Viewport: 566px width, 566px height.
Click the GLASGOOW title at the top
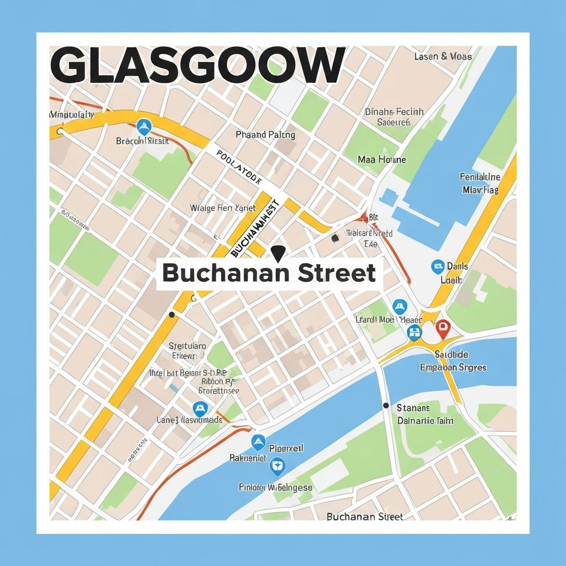(198, 66)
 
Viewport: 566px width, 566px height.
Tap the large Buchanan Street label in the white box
(269, 273)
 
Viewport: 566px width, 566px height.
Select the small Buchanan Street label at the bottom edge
(365, 517)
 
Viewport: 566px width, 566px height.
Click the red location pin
(442, 329)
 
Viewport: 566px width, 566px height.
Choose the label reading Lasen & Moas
(443, 56)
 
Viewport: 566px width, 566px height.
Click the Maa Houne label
(381, 160)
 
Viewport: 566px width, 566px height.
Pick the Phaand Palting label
(265, 135)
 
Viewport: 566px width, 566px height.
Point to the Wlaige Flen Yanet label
(223, 208)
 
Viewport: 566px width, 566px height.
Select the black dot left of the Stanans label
(386, 406)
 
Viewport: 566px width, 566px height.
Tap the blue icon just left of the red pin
(414, 332)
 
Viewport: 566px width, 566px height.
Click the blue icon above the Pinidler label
(276, 467)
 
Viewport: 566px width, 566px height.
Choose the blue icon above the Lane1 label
(200, 409)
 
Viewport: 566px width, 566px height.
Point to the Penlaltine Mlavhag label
(480, 183)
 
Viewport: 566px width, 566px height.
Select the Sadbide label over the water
(452, 354)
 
